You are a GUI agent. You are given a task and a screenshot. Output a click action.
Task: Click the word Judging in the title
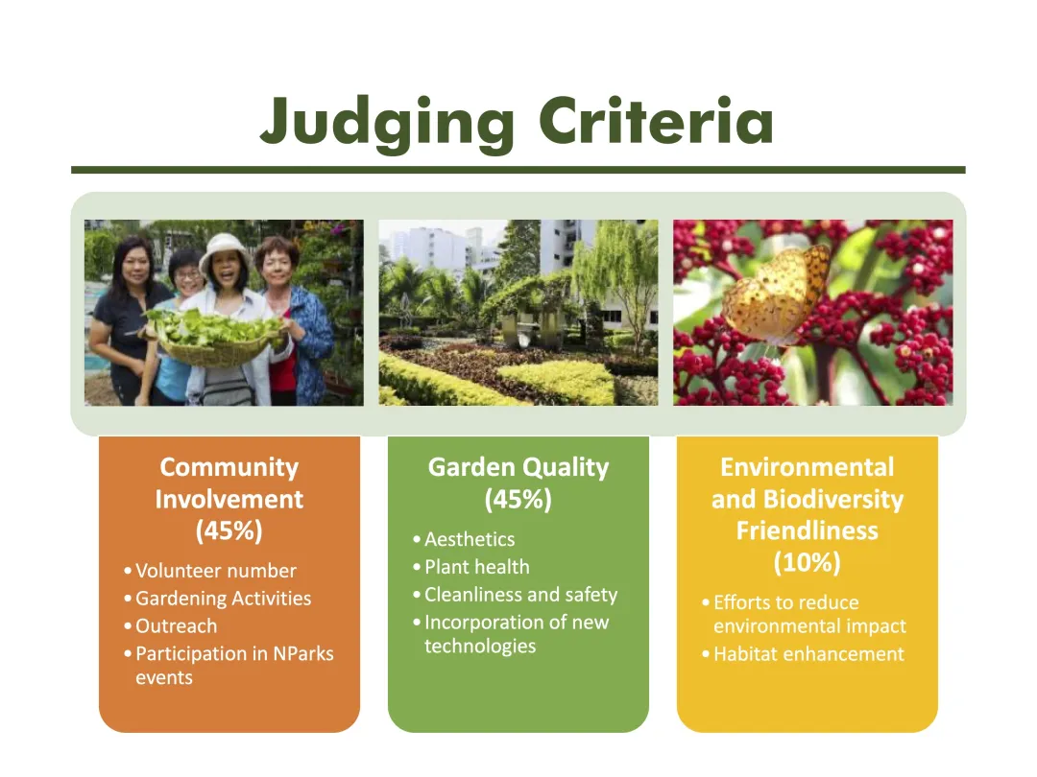click(x=387, y=124)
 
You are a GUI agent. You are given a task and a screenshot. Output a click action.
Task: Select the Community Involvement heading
click(x=229, y=483)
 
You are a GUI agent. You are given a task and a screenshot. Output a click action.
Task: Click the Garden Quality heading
click(x=518, y=467)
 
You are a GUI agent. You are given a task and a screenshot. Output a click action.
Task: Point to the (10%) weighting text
click(x=807, y=563)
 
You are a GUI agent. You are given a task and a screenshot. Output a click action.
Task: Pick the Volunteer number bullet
click(x=209, y=571)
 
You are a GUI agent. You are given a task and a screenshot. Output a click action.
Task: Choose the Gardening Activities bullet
click(x=217, y=599)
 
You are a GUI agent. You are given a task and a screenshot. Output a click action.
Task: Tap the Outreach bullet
click(x=170, y=625)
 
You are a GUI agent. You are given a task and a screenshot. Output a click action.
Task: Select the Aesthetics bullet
click(x=464, y=539)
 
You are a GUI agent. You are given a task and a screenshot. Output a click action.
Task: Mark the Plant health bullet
click(x=470, y=567)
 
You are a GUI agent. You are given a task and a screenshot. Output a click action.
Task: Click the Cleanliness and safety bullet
click(x=515, y=595)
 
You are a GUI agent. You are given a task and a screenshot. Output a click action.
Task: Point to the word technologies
click(x=480, y=647)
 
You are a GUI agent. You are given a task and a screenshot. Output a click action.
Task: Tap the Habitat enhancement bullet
click(x=802, y=654)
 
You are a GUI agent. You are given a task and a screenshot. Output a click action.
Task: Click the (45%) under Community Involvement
click(x=229, y=531)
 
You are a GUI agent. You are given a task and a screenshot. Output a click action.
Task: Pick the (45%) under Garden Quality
click(x=518, y=500)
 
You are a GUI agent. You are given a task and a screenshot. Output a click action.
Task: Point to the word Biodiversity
click(x=833, y=500)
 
